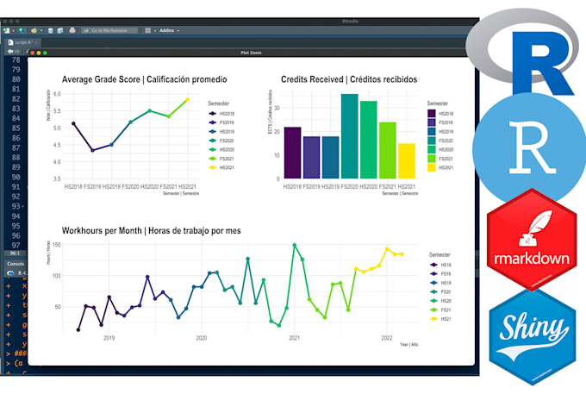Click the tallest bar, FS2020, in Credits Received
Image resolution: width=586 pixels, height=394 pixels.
(349, 136)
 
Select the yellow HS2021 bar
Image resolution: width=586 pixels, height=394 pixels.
(406, 161)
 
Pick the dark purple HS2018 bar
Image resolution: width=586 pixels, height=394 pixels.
(293, 153)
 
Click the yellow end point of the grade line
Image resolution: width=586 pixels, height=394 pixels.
(186, 100)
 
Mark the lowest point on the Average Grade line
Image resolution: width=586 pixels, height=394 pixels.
(92, 151)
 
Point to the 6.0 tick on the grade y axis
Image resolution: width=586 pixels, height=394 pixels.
(57, 94)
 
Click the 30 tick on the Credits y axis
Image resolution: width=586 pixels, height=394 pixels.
(277, 108)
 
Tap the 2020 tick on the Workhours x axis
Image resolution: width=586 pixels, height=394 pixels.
(202, 338)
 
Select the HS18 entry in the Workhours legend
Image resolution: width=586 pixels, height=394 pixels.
(447, 266)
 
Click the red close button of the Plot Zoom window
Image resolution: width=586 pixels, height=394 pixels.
(33, 53)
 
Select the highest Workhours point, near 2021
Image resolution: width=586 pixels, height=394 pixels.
(294, 245)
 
